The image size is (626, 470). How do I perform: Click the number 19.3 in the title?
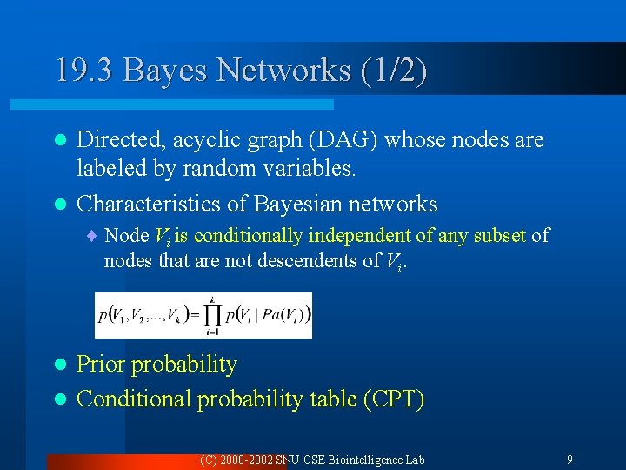[83, 70]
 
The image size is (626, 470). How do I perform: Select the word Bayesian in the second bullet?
[302, 204]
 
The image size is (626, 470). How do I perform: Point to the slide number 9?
[569, 459]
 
